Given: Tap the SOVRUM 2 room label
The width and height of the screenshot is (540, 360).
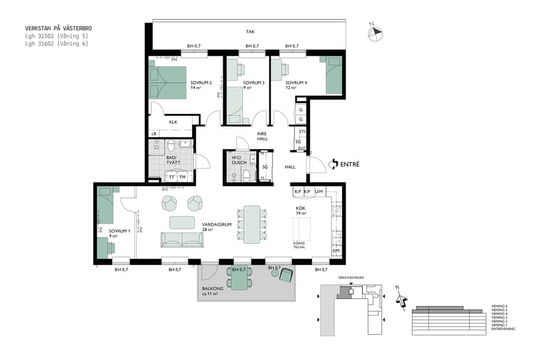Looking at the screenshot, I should pyautogui.click(x=202, y=83).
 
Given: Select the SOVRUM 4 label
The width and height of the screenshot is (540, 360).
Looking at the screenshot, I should pyautogui.click(x=296, y=83).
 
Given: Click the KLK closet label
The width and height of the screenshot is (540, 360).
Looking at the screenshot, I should pyautogui.click(x=173, y=122).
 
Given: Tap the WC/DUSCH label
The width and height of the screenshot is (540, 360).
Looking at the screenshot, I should pyautogui.click(x=238, y=161).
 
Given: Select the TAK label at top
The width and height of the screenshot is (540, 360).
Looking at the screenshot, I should pyautogui.click(x=250, y=32).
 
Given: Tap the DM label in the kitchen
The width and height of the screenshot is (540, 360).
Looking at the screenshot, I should pyautogui.click(x=335, y=251).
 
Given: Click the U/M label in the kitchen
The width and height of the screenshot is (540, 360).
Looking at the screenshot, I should pyautogui.click(x=319, y=191).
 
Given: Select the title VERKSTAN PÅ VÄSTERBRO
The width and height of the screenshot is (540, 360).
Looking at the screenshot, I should pyautogui.click(x=58, y=28).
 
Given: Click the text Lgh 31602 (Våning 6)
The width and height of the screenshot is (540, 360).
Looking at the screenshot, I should pyautogui.click(x=56, y=43).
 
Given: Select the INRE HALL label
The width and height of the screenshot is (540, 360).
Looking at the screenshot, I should pyautogui.click(x=262, y=136).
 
